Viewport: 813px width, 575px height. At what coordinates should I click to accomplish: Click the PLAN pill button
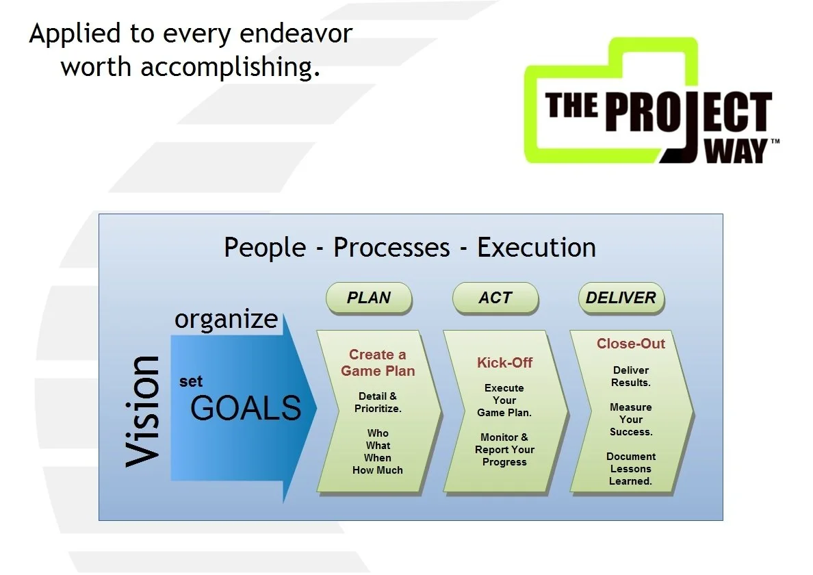[x=369, y=298]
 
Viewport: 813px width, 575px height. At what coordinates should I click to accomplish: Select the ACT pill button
[x=495, y=298]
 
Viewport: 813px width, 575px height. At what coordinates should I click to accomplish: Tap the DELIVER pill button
[x=621, y=298]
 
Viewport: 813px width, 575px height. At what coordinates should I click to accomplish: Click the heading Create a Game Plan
[x=378, y=363]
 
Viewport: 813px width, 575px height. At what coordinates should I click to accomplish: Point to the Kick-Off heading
[x=504, y=363]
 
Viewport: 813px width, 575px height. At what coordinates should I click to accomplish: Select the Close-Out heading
[x=630, y=344]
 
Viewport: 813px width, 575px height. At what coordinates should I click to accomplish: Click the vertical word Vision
[x=143, y=411]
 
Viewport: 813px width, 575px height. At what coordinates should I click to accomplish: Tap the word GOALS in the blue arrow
[x=246, y=409]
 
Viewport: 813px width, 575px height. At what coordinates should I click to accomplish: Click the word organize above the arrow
[x=226, y=319]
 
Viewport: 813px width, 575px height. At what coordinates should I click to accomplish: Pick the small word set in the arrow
[x=191, y=382]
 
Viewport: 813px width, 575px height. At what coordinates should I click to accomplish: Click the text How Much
[x=378, y=470]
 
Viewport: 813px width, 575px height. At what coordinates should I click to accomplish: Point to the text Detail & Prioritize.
[x=378, y=402]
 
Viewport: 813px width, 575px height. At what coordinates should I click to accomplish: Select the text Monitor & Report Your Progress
[x=504, y=450]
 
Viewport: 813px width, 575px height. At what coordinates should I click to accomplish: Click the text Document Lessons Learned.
[x=630, y=469]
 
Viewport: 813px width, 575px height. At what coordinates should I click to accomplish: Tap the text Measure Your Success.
[x=630, y=420]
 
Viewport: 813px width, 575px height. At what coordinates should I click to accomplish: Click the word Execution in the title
[x=536, y=247]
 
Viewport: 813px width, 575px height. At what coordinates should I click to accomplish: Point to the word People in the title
[x=265, y=247]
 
